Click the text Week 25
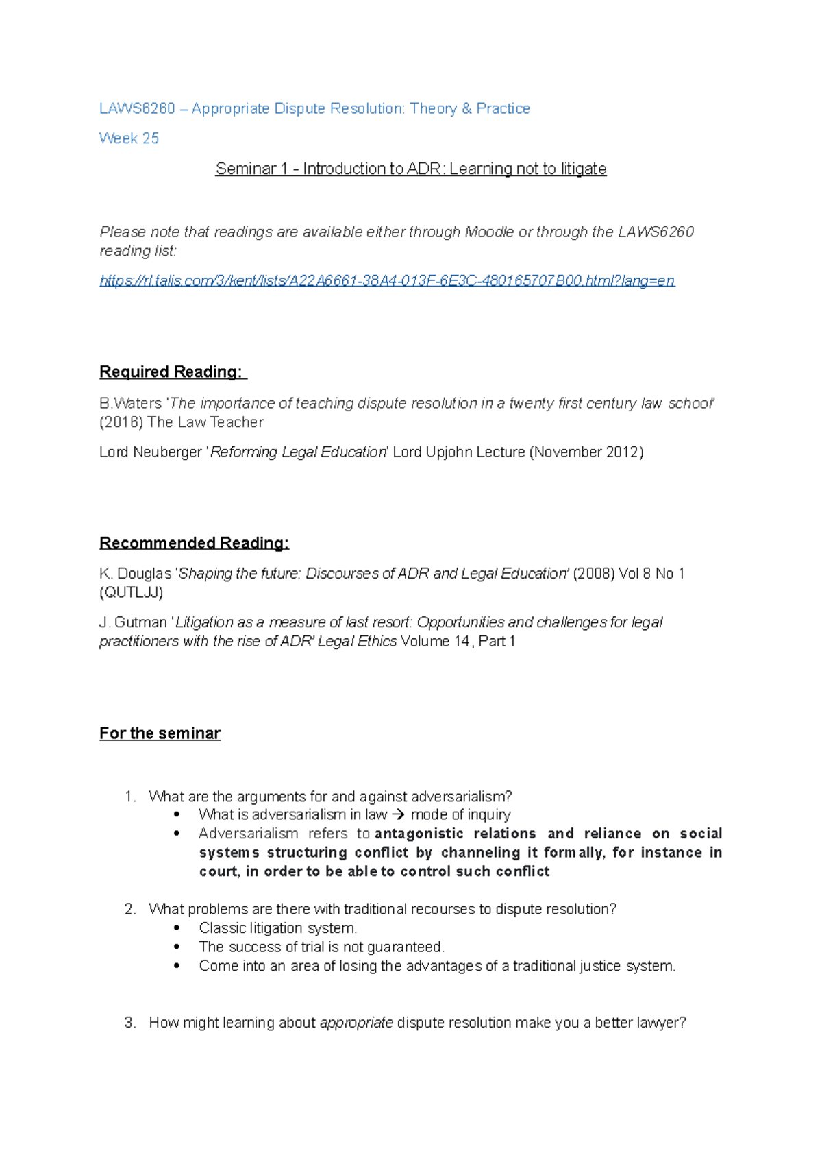click(x=129, y=138)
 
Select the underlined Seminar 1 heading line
click(x=410, y=169)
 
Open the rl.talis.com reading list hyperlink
click(x=387, y=280)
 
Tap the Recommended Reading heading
click(x=194, y=544)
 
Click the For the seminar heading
click(x=160, y=733)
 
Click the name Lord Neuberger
click(x=151, y=452)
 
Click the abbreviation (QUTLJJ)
click(x=132, y=592)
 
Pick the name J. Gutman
click(x=133, y=622)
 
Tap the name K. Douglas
click(x=135, y=574)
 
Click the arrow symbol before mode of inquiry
click(x=399, y=815)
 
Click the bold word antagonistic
click(x=419, y=834)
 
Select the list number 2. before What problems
click(x=130, y=909)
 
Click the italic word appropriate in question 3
click(x=356, y=1023)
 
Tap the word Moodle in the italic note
click(x=489, y=232)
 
